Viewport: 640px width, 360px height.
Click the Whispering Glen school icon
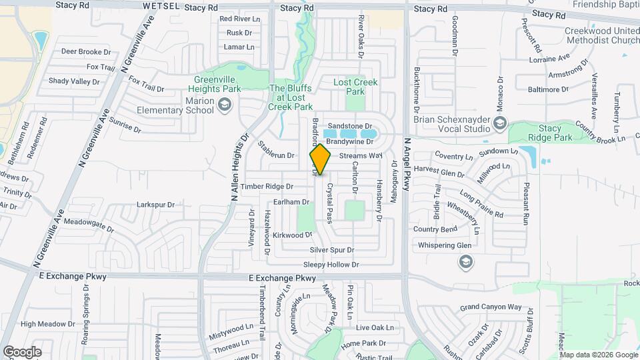tap(463, 262)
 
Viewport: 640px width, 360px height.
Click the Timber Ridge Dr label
tap(267, 187)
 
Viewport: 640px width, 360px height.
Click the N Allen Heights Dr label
tap(239, 167)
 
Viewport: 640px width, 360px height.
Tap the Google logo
tap(22, 351)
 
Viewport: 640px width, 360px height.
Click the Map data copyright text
tap(598, 354)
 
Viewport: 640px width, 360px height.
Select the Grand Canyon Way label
tap(491, 307)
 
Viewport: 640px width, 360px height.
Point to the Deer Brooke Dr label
tap(85, 51)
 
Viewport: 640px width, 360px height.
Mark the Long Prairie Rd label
tap(481, 205)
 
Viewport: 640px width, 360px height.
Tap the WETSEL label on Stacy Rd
tap(161, 6)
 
